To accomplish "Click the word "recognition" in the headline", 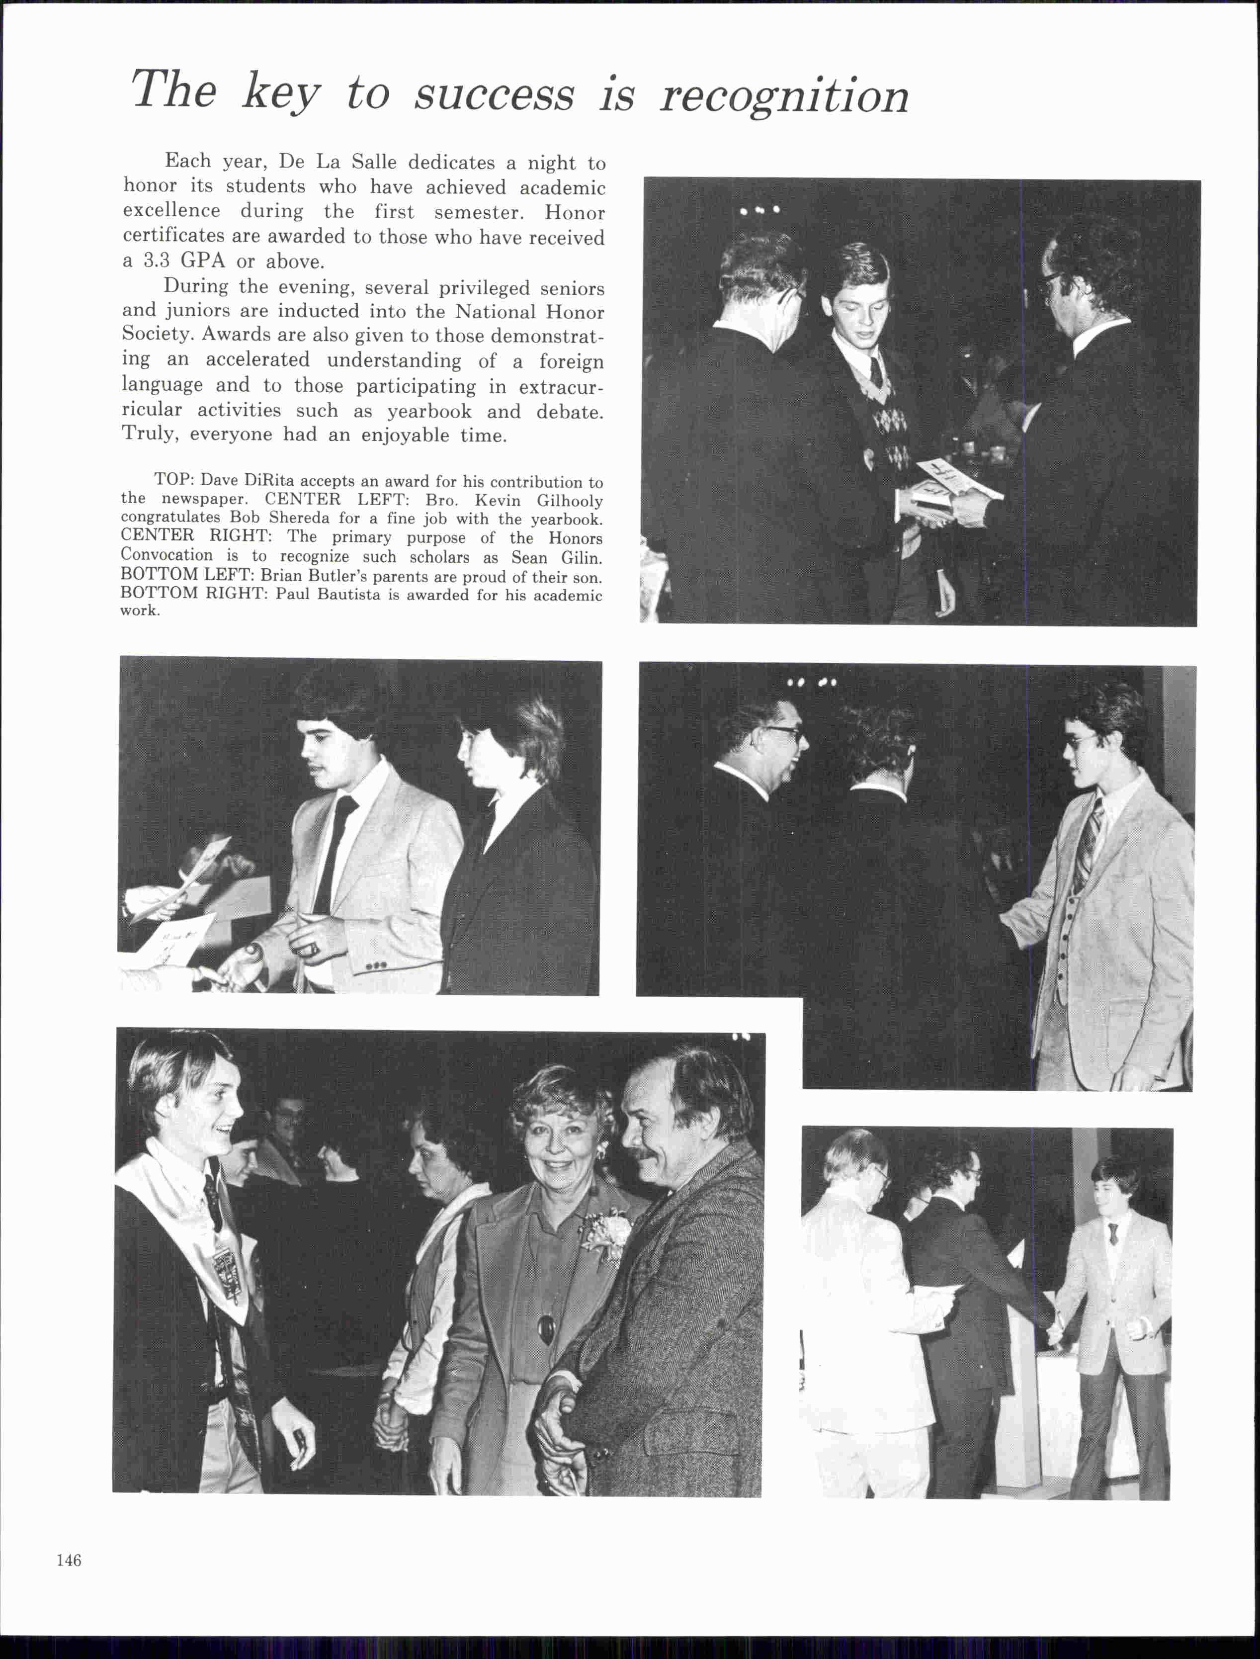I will pos(784,96).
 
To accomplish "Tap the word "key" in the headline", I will pos(280,93).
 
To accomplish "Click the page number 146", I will pos(68,1560).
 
